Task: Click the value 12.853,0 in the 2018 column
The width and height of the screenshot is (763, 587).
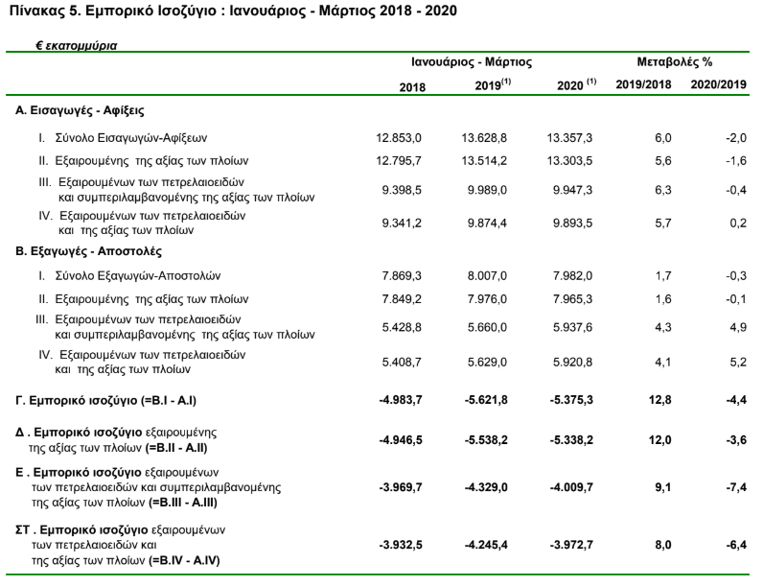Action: pyautogui.click(x=399, y=138)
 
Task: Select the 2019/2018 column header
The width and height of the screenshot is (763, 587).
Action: pyautogui.click(x=643, y=84)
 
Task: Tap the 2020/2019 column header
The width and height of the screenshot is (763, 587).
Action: pyautogui.click(x=718, y=84)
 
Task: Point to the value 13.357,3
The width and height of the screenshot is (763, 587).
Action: pyautogui.click(x=569, y=138)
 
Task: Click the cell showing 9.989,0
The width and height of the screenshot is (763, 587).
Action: pyautogui.click(x=487, y=190)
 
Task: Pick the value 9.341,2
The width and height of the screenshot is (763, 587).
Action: pyautogui.click(x=402, y=223)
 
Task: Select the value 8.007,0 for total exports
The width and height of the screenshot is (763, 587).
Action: pyautogui.click(x=487, y=276)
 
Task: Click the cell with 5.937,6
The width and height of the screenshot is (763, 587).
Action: pyautogui.click(x=573, y=327)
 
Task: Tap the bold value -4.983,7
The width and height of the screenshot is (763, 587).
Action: pyautogui.click(x=401, y=400)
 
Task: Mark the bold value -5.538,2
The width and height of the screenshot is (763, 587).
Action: pyautogui.click(x=486, y=440)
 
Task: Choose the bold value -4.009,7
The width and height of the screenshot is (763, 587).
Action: pyautogui.click(x=571, y=487)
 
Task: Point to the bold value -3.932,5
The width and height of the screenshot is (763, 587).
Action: pyautogui.click(x=401, y=545)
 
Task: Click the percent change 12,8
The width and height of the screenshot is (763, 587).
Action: pyautogui.click(x=659, y=400)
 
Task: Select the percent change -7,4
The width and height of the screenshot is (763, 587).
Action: pyautogui.click(x=736, y=487)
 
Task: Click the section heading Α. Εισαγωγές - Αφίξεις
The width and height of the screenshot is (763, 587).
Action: pyautogui.click(x=80, y=110)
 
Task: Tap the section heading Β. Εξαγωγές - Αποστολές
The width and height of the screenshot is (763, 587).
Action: pyautogui.click(x=88, y=251)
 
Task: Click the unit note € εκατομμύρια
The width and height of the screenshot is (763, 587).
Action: pyautogui.click(x=77, y=46)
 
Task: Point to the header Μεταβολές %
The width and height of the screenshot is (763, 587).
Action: pyautogui.click(x=675, y=61)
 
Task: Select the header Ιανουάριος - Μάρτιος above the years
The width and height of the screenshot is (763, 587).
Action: pyautogui.click(x=472, y=61)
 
